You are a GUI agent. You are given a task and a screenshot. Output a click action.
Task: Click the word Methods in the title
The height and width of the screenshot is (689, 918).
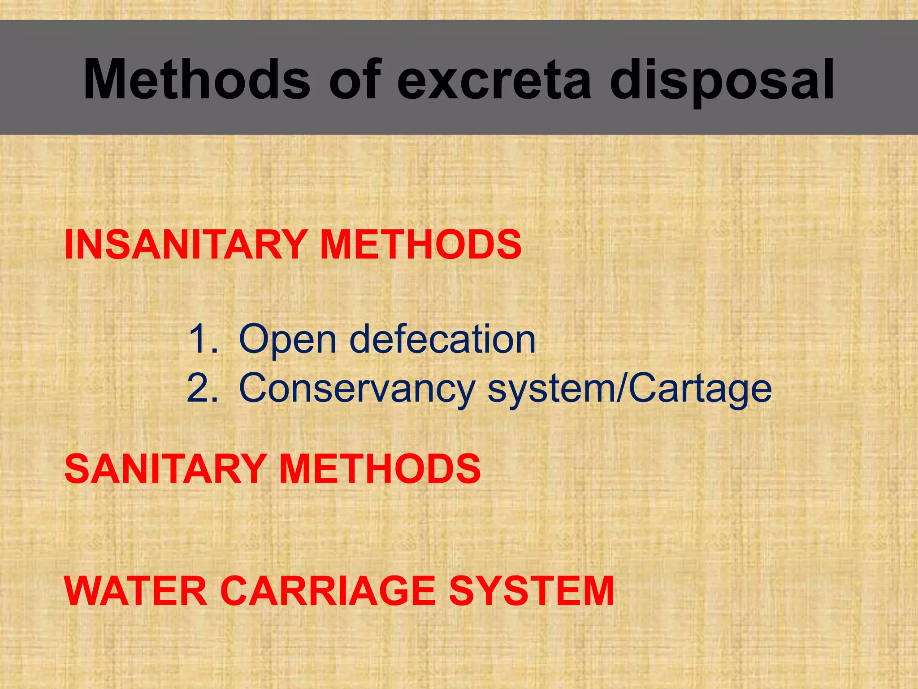(196, 80)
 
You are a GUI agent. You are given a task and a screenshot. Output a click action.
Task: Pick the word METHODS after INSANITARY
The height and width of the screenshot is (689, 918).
(421, 244)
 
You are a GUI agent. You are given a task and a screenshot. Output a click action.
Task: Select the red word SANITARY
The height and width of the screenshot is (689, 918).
(166, 469)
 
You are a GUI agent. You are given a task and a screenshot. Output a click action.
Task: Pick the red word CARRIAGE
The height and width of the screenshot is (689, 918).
(328, 591)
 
